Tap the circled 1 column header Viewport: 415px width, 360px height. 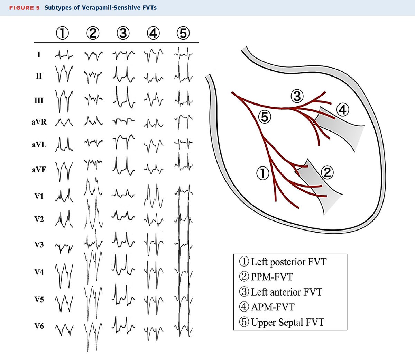pos(63,33)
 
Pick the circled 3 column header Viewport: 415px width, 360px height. pos(123,33)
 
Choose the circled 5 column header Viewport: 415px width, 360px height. pos(184,33)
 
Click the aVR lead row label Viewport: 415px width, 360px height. pos(39,122)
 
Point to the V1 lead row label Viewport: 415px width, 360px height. pos(39,196)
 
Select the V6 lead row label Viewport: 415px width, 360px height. pos(39,326)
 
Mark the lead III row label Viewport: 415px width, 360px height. pos(39,100)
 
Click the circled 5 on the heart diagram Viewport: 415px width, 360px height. pos(265,117)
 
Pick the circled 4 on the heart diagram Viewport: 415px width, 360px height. pos(342,110)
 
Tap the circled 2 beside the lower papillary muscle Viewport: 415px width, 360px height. pos(327,172)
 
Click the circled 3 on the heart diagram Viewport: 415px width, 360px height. pos(297,96)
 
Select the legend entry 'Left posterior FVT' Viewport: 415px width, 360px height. pos(283,262)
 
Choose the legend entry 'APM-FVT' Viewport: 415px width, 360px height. pos(267,307)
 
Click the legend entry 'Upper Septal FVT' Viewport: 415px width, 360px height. pos(282,322)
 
